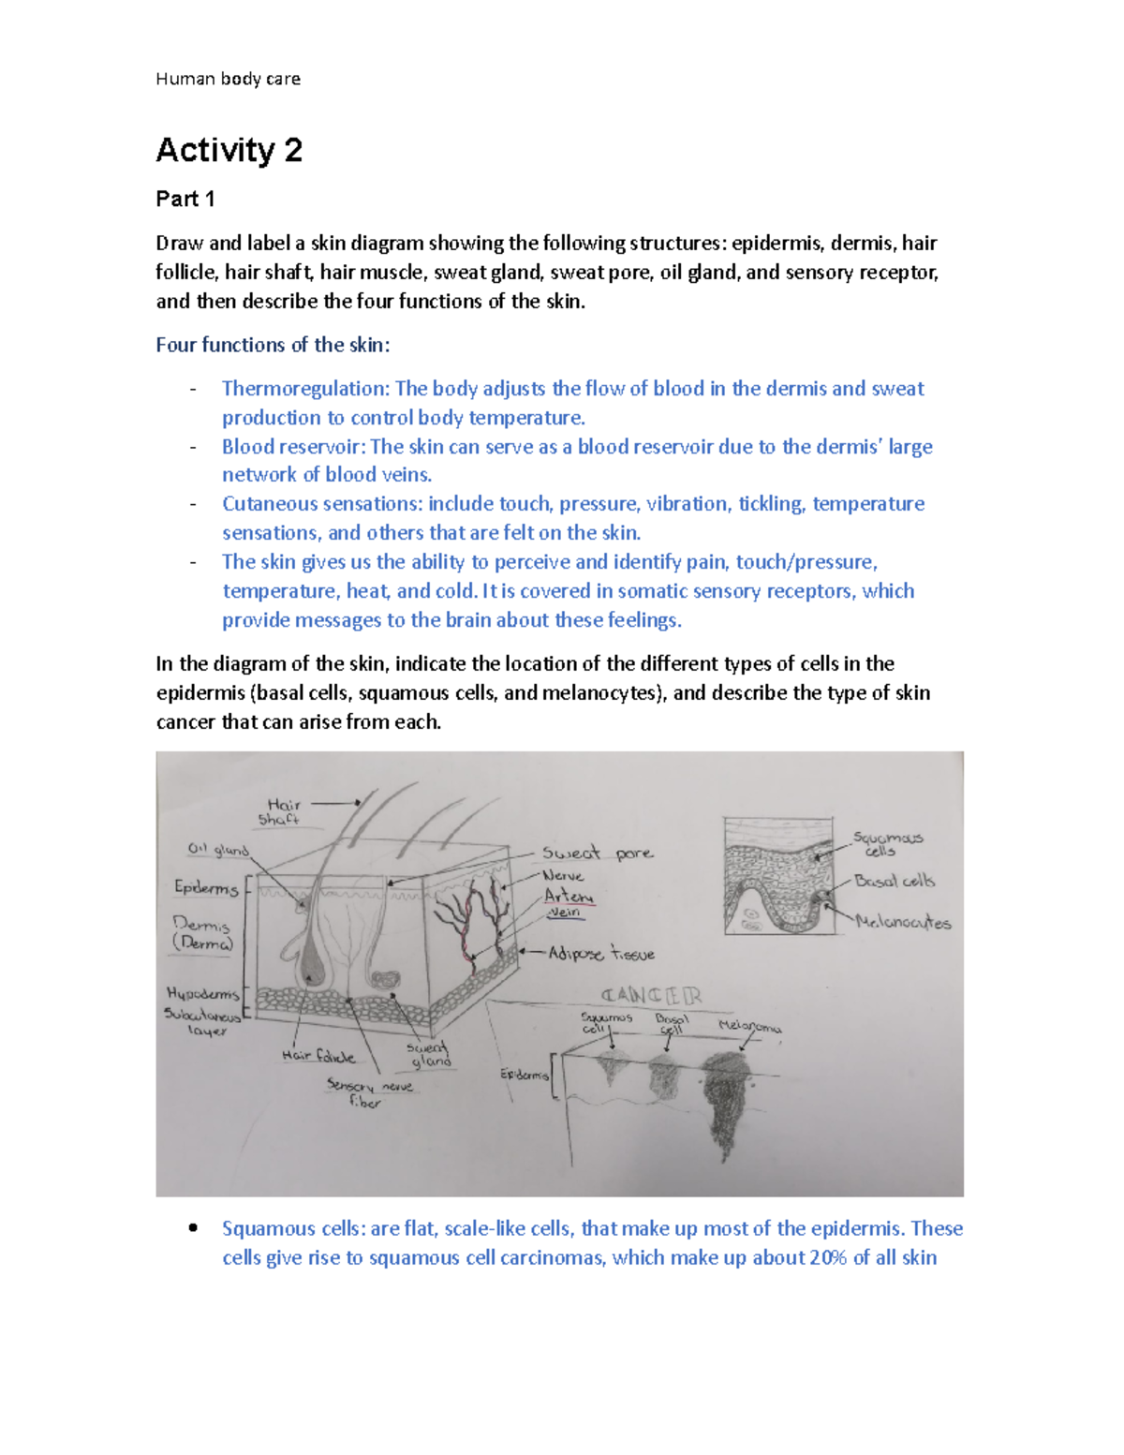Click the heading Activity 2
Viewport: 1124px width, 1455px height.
point(229,150)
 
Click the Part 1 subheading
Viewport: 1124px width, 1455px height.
point(185,199)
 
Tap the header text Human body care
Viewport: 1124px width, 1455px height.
point(228,79)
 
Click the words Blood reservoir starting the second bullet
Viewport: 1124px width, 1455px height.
point(292,447)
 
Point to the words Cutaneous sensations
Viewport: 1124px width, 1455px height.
point(321,504)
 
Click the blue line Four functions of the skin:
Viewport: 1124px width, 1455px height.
point(273,345)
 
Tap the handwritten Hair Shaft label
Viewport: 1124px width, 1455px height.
point(281,811)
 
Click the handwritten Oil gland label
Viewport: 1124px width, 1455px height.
point(217,850)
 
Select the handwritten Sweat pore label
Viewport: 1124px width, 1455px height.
point(598,854)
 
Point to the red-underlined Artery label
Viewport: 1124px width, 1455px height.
point(569,896)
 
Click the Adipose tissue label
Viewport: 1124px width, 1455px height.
point(600,954)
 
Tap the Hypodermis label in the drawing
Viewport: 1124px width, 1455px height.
point(202,993)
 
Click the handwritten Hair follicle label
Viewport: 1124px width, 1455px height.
point(318,1056)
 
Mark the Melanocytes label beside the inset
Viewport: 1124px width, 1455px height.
point(903,922)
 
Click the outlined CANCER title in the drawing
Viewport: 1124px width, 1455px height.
point(650,995)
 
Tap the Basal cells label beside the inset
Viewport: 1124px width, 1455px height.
point(894,881)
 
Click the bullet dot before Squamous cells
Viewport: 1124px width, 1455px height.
point(193,1227)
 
